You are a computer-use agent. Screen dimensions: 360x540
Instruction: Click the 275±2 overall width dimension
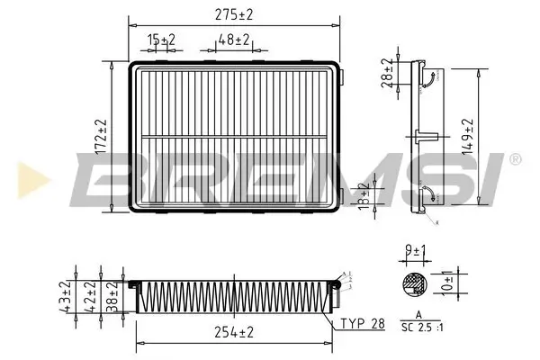pos(235,13)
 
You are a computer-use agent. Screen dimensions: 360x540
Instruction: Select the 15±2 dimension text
pos(162,40)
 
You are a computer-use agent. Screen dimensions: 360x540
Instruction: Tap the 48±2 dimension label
pos(233,40)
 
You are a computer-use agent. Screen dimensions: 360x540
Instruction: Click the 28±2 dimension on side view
pos(388,72)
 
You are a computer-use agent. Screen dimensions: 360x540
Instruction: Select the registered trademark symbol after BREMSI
pos(514,159)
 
